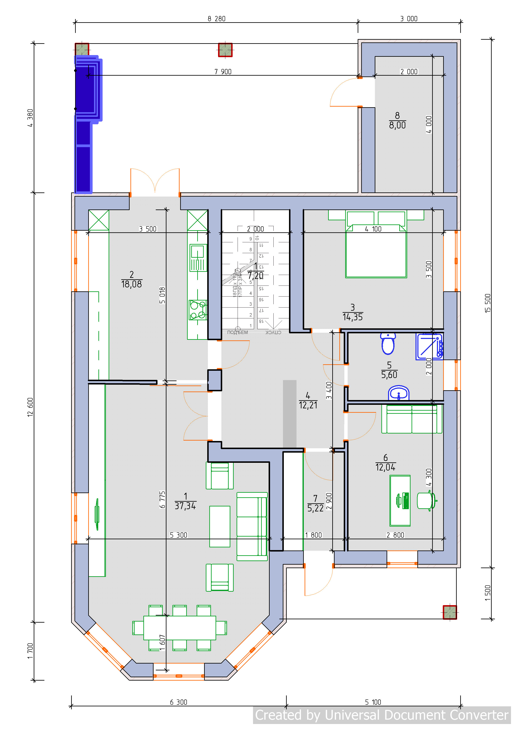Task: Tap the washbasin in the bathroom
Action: click(398, 394)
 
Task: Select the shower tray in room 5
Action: click(429, 346)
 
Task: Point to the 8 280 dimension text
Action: click(217, 19)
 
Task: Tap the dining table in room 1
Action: click(180, 628)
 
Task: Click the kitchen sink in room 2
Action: click(198, 257)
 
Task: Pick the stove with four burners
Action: click(197, 310)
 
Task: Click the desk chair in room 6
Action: click(426, 501)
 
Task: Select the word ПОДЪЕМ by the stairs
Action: click(237, 332)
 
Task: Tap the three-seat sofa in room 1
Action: click(252, 526)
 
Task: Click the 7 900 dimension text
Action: click(223, 72)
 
